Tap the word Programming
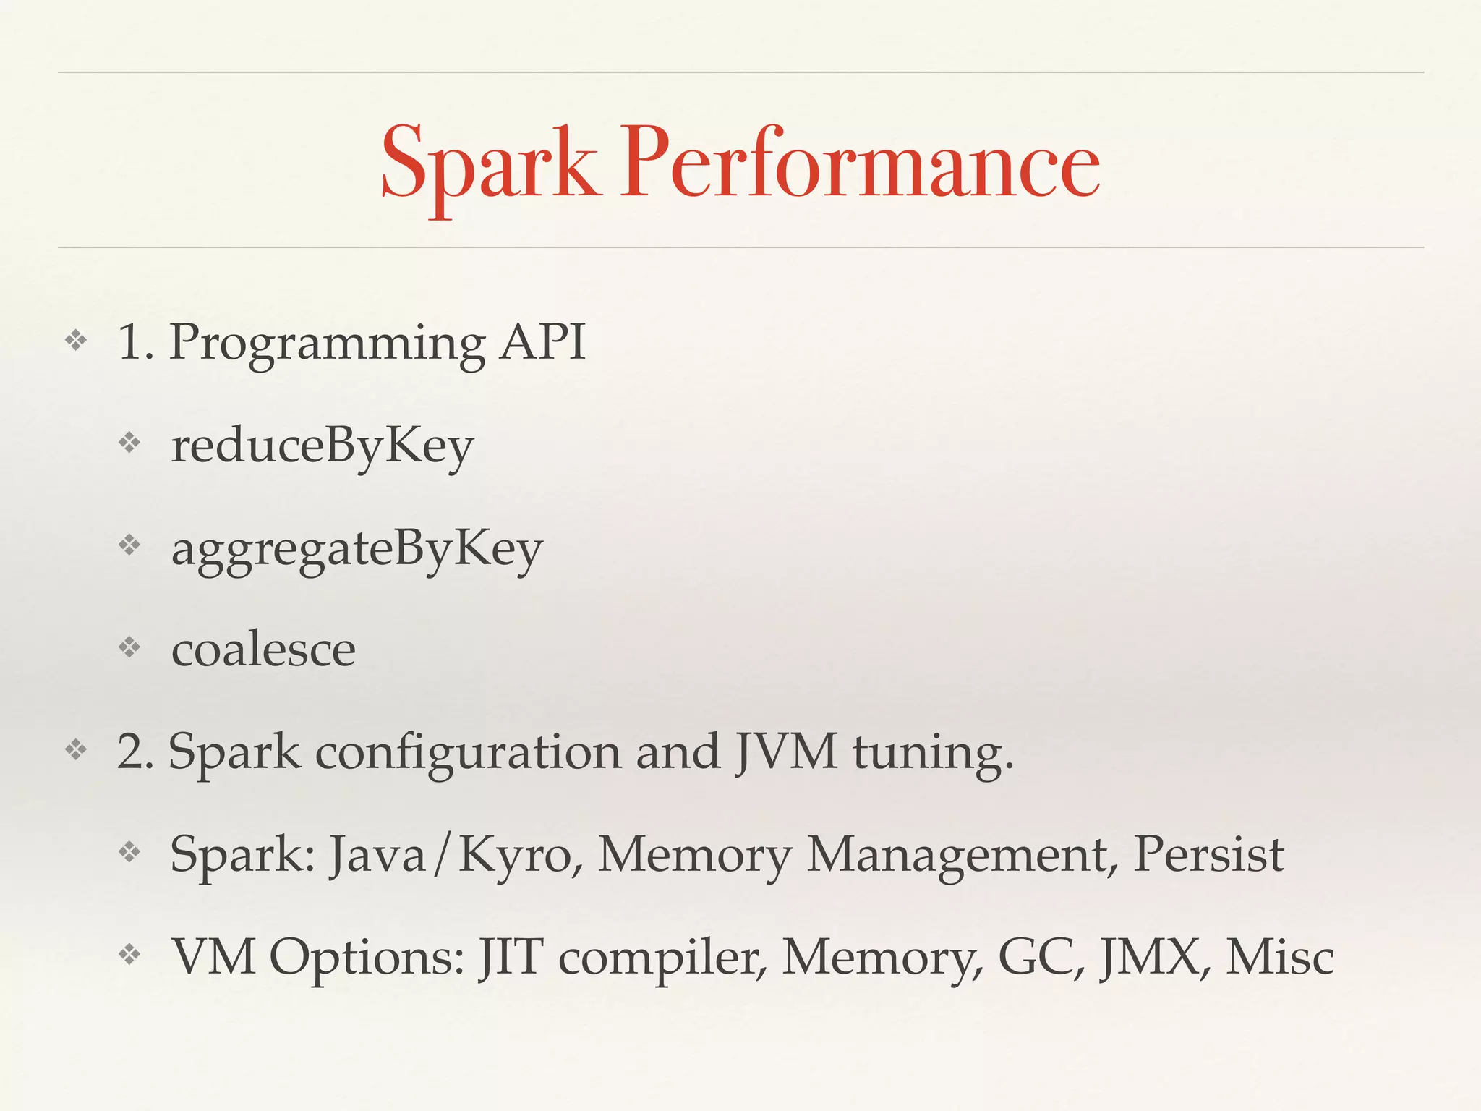coord(327,343)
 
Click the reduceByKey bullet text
coord(323,446)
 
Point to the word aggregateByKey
coord(357,550)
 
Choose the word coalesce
coord(263,650)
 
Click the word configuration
coord(468,752)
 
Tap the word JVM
coord(787,752)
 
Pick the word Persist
coord(1208,855)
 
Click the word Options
coord(367,958)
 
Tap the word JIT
coord(510,958)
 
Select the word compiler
coord(662,959)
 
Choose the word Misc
coord(1279,958)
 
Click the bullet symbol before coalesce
coord(129,647)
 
